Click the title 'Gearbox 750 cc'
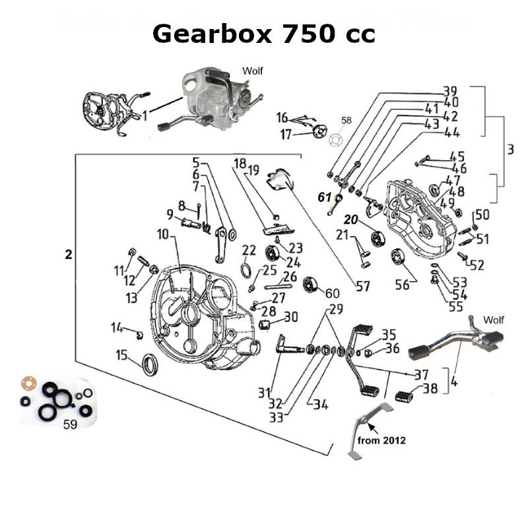tap(263, 33)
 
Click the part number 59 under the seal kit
tap(69, 425)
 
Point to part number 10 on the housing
tap(163, 234)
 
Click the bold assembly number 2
tap(69, 255)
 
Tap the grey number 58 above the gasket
tap(347, 121)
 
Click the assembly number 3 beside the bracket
tap(510, 150)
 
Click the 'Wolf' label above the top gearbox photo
tap(253, 70)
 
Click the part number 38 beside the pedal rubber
tap(430, 389)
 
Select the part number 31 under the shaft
tap(265, 393)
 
